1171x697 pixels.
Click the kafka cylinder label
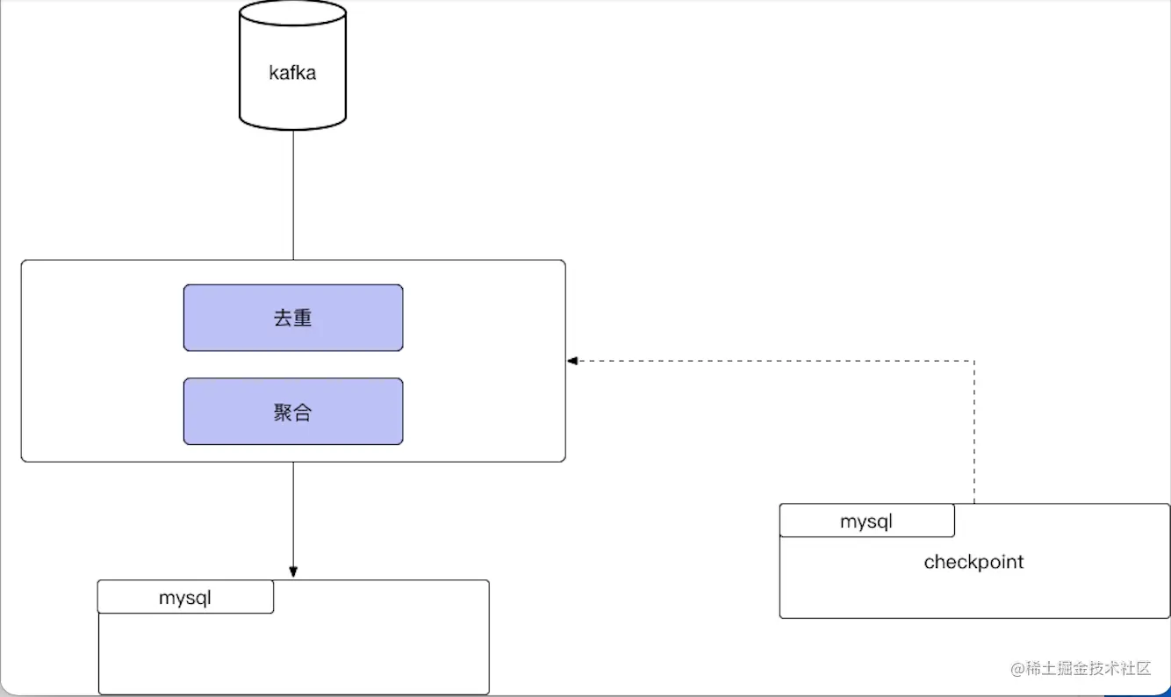point(292,73)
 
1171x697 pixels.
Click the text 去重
point(292,318)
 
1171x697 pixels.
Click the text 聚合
point(292,413)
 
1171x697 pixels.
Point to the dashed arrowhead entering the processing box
point(572,360)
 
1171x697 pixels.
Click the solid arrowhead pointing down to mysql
point(293,571)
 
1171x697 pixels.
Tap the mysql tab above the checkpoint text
point(866,521)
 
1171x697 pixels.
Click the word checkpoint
point(973,562)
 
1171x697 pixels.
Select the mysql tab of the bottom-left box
point(185,598)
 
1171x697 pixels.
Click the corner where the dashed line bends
point(974,360)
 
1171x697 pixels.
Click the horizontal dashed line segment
point(772,360)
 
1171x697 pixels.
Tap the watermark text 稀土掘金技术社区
point(1089,669)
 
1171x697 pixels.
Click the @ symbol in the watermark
point(1017,670)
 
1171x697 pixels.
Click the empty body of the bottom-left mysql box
point(293,654)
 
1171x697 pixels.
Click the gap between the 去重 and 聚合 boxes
point(292,364)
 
